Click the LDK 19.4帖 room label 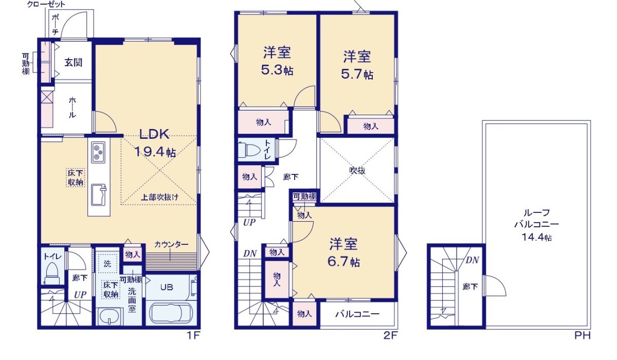(x=155, y=143)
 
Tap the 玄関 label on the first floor (x=74, y=62)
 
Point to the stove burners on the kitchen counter (x=99, y=153)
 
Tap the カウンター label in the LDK (x=171, y=244)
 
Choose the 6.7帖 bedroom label (x=344, y=253)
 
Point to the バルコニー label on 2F (x=358, y=314)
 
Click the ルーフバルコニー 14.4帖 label (x=536, y=225)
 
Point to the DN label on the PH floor (x=472, y=260)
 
